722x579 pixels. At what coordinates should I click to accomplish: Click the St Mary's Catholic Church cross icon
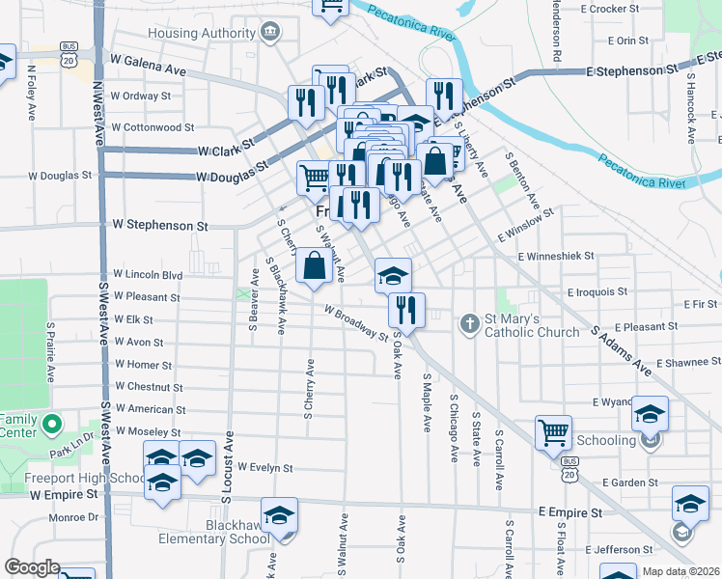click(x=469, y=322)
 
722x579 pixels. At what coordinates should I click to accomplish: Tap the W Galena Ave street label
click(x=149, y=69)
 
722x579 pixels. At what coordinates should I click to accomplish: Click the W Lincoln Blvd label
click(x=148, y=274)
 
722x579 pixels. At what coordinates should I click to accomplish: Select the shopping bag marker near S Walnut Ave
click(x=315, y=265)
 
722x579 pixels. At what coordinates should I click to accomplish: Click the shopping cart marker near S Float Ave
click(x=553, y=432)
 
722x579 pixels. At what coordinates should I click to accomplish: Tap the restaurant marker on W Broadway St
click(x=405, y=311)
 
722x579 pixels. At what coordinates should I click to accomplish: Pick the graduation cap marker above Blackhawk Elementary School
click(x=279, y=514)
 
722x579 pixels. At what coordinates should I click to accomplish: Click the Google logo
click(x=32, y=567)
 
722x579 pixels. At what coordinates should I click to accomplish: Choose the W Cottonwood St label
click(x=153, y=126)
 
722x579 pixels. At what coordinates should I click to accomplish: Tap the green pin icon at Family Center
click(x=53, y=423)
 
